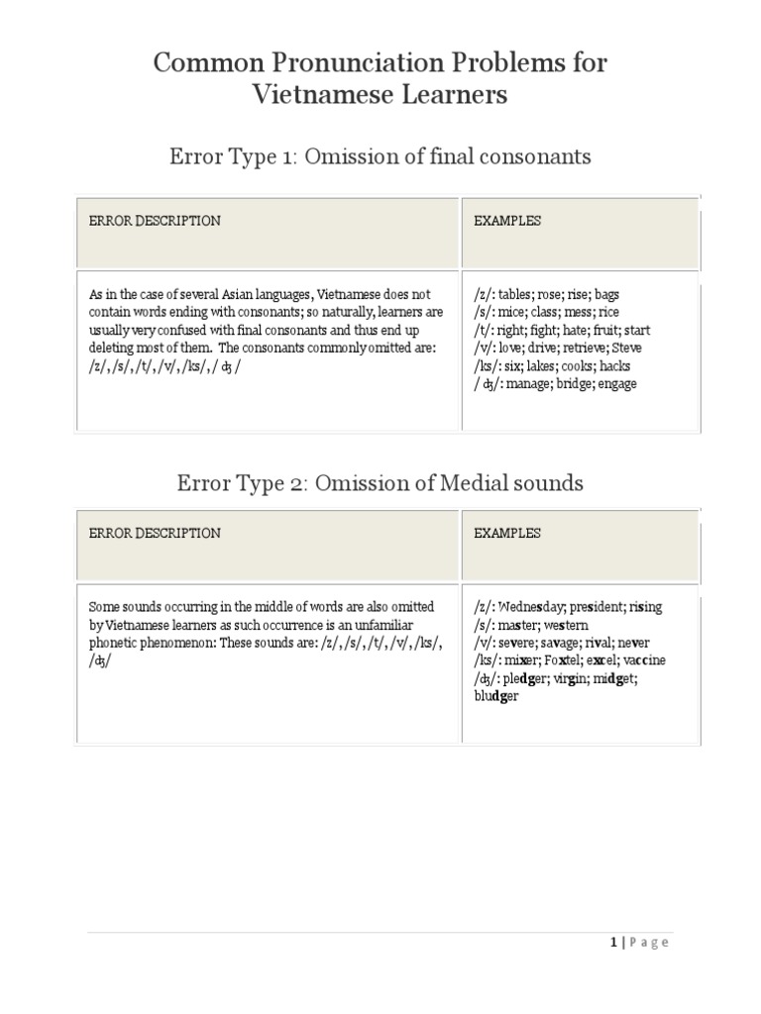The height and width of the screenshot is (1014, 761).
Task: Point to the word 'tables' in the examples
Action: [x=516, y=295]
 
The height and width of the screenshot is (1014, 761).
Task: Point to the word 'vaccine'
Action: [x=642, y=659]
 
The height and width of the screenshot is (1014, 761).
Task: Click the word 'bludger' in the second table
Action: [x=495, y=695]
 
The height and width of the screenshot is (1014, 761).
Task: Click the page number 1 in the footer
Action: [x=614, y=943]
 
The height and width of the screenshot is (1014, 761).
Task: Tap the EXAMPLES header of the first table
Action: [x=507, y=221]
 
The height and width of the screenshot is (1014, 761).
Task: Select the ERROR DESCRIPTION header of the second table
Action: [x=155, y=533]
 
